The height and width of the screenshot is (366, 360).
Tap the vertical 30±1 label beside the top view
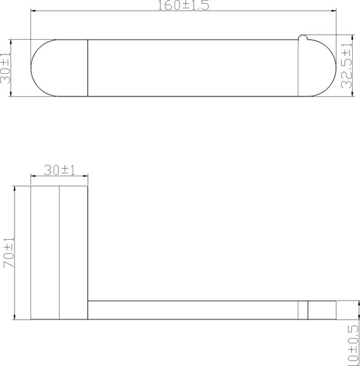(7, 68)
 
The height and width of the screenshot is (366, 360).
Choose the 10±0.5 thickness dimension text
(353, 345)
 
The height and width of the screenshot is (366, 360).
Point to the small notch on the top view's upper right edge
(301, 40)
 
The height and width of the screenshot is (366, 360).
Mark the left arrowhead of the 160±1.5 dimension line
(34, 11)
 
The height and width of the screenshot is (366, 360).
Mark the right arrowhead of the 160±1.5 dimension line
(334, 11)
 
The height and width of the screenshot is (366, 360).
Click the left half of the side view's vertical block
(45, 253)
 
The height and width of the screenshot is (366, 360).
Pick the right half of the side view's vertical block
(74, 253)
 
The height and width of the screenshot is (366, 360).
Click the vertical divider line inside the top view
(88, 68)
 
